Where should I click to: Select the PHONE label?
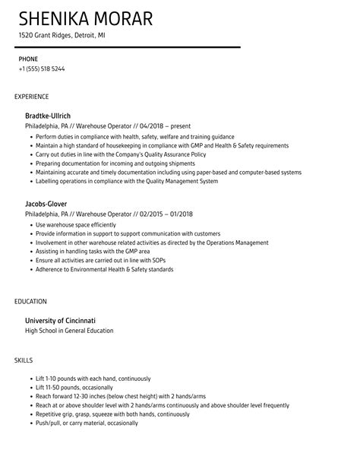point(28,59)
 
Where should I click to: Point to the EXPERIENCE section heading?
point(31,97)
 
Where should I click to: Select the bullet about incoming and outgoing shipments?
point(105,163)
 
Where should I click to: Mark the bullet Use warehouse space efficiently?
point(76,226)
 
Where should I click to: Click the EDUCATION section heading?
point(30,301)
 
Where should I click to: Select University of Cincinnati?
point(65,320)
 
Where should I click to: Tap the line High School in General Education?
point(69,331)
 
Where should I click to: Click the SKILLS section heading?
point(24,360)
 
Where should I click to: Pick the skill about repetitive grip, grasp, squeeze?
point(112,415)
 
